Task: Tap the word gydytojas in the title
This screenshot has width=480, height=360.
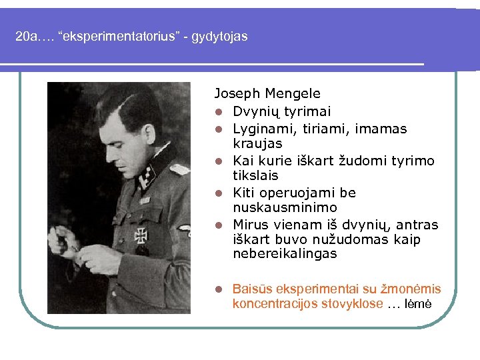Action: pyautogui.click(x=219, y=37)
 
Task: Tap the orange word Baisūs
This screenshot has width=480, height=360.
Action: pyautogui.click(x=252, y=289)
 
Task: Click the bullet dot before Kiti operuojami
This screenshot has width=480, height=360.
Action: pyautogui.click(x=218, y=193)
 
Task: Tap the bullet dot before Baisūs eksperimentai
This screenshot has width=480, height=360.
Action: pyautogui.click(x=218, y=289)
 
